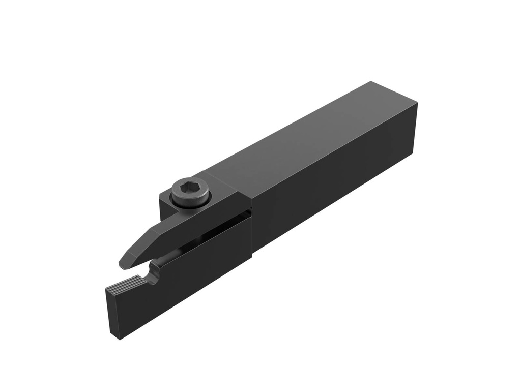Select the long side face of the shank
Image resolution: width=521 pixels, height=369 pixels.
[x=331, y=188]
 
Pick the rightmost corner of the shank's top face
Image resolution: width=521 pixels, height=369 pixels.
[x=418, y=103]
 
